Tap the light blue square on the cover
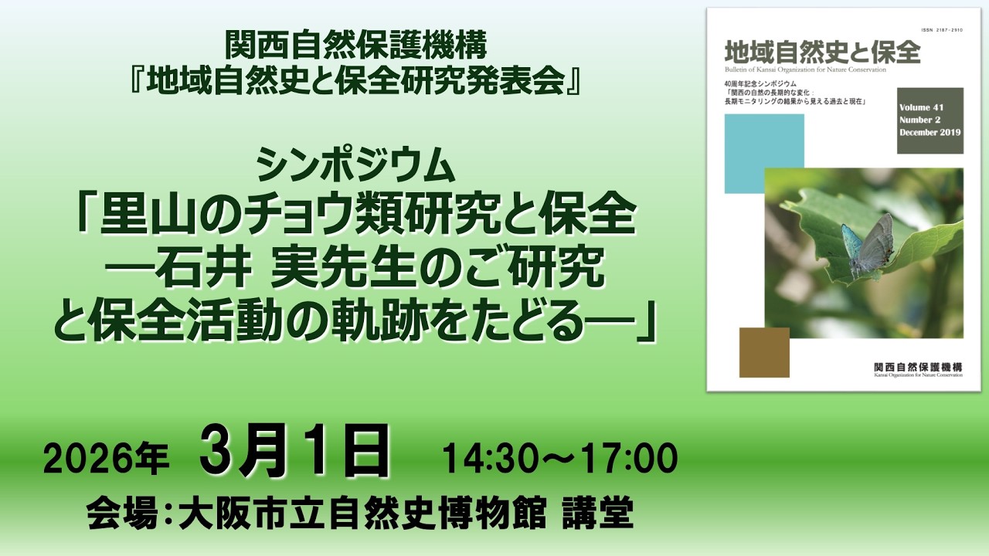coord(764,154)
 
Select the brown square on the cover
coord(764,352)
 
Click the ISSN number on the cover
coord(942,31)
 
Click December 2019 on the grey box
coord(930,133)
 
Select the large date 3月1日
coord(294,452)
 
